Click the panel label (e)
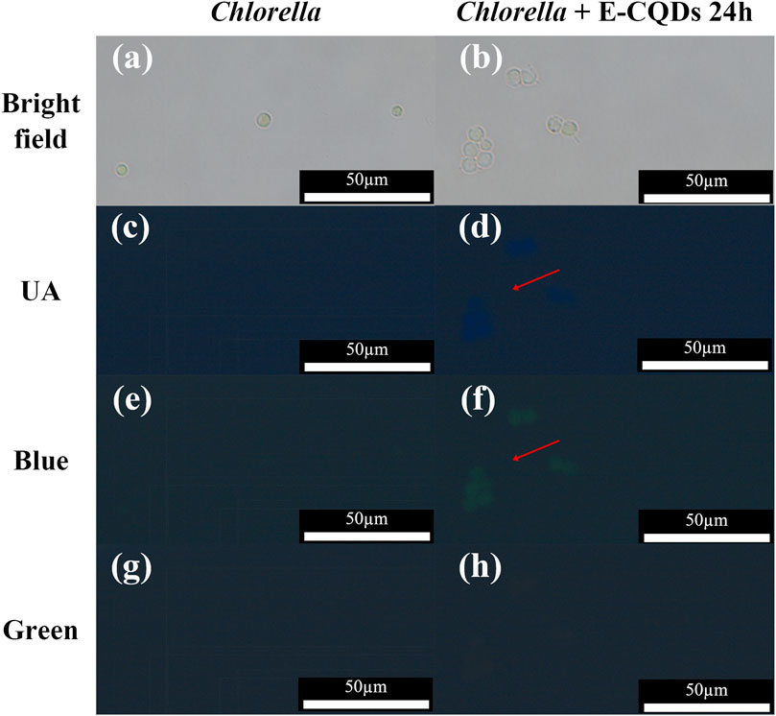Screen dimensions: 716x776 pyautogui.click(x=128, y=402)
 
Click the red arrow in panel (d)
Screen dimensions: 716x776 pyautogui.click(x=534, y=279)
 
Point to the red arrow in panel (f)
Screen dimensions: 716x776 pyautogui.click(x=534, y=450)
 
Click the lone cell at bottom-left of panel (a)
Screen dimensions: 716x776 pyautogui.click(x=121, y=170)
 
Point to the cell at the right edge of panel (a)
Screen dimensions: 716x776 pyautogui.click(x=396, y=111)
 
